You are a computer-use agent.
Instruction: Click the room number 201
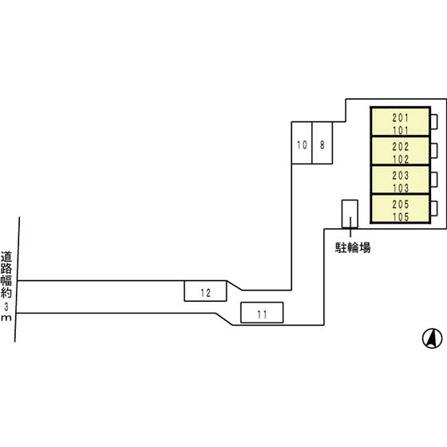pos(401,117)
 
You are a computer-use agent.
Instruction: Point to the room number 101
pos(401,130)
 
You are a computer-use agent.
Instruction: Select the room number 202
pos(401,147)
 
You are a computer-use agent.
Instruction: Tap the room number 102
pos(401,159)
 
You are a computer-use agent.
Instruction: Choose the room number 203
pos(401,176)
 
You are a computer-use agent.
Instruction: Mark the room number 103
pos(401,188)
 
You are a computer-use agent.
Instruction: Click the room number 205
pos(401,204)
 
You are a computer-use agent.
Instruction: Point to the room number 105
pos(401,217)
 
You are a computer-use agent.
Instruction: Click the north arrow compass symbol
pos(432,338)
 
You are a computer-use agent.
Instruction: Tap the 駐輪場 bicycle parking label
pos(353,247)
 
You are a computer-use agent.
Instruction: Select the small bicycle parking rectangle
pos(350,214)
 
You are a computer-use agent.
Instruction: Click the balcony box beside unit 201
pos(434,121)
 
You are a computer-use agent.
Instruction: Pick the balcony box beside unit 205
pos(434,208)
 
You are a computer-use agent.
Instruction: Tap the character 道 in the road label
pos(6,256)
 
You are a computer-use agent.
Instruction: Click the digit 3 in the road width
pos(6,307)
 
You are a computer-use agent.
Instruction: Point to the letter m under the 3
pos(6,318)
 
